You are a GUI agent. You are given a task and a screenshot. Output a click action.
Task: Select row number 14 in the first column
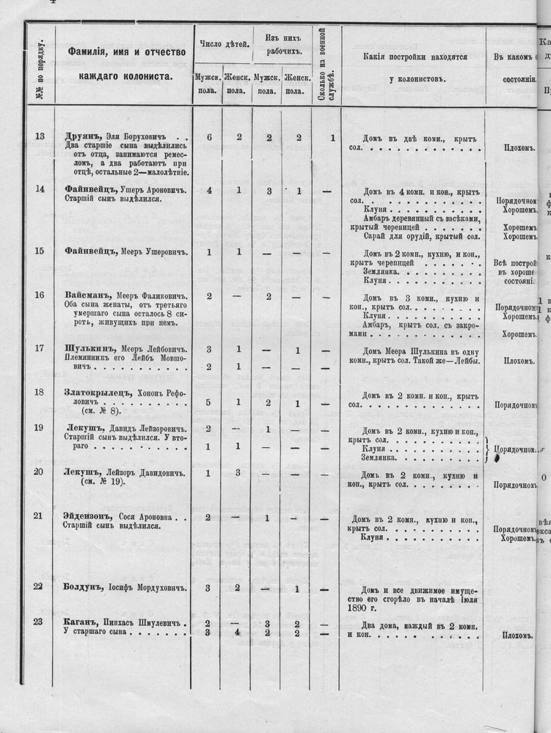pos(40,190)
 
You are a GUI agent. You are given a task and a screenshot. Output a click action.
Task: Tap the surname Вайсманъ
pos(83,295)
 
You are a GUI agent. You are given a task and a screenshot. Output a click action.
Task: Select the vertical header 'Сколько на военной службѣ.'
pos(325,66)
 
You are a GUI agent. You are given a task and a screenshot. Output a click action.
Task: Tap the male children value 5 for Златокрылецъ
pos(208,402)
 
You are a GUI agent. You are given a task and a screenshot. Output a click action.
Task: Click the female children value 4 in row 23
pos(237,633)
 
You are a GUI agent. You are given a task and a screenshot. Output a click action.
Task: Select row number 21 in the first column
pos(39,516)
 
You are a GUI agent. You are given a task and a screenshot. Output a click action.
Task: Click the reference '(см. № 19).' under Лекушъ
pos(103,482)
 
